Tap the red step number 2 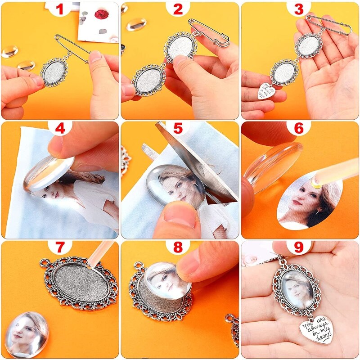(x=178, y=9)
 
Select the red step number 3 (x=299, y=9)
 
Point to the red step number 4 (x=60, y=128)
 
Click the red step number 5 (x=178, y=128)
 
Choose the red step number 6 (x=299, y=128)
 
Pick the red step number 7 (x=60, y=247)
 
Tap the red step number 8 (x=178, y=247)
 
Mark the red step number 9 (x=299, y=247)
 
